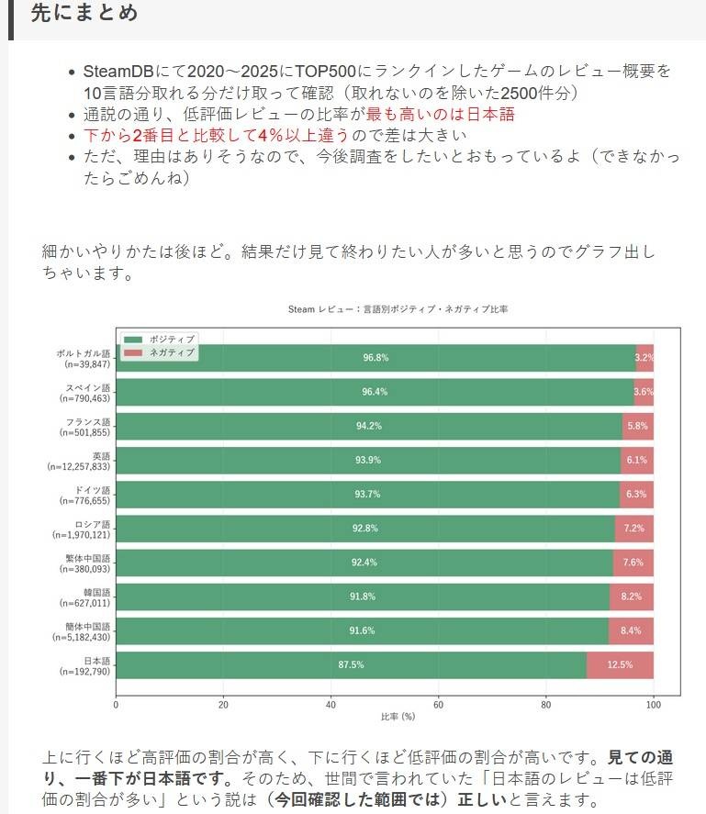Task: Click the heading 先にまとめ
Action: pyautogui.click(x=84, y=14)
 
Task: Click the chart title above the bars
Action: pyautogui.click(x=398, y=309)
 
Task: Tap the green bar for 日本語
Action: pyautogui.click(x=351, y=664)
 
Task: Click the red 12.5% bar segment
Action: pyautogui.click(x=620, y=664)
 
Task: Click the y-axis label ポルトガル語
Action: pyautogui.click(x=83, y=353)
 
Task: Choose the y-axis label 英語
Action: pyautogui.click(x=100, y=455)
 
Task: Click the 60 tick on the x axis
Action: pyautogui.click(x=438, y=705)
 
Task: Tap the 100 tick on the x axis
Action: pyautogui.click(x=653, y=705)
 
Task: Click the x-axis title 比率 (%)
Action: pyautogui.click(x=398, y=716)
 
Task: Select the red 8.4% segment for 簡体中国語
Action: pyautogui.click(x=631, y=630)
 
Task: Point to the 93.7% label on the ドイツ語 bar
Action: pyautogui.click(x=367, y=494)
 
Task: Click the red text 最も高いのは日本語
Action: pyautogui.click(x=440, y=115)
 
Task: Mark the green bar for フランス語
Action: pyautogui.click(x=369, y=426)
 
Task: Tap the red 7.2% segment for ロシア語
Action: pyautogui.click(x=633, y=528)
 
